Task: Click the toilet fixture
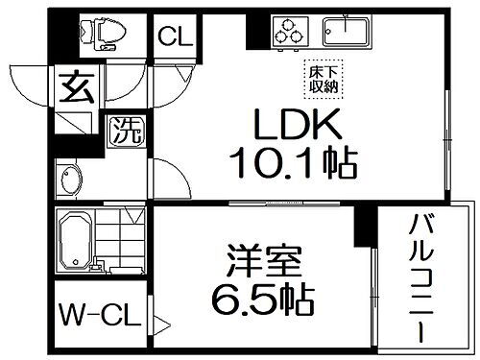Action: click(x=103, y=34)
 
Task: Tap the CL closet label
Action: click(x=175, y=38)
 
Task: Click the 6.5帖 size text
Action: click(x=261, y=303)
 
